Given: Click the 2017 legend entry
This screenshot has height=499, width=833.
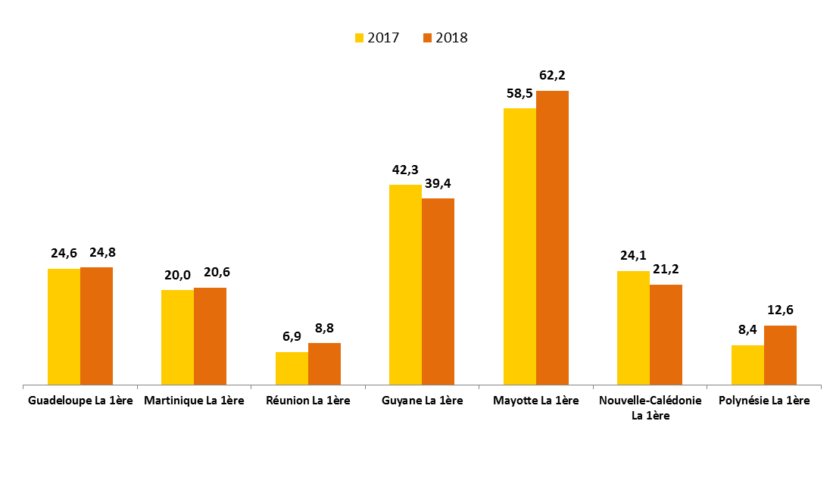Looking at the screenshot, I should click(x=377, y=38).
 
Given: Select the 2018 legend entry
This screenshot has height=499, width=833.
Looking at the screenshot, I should click(x=445, y=38).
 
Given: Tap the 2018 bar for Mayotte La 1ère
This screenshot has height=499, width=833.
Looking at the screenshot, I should click(x=552, y=238).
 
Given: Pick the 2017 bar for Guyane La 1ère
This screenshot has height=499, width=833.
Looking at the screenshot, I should click(x=405, y=285).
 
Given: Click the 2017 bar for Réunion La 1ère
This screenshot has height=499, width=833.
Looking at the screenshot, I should click(x=292, y=369).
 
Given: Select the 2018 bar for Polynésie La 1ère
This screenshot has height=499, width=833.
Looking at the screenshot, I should click(x=780, y=355).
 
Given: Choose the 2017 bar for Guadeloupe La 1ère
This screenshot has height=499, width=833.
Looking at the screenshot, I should click(x=64, y=326).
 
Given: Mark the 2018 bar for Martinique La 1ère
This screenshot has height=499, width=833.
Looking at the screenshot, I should click(x=210, y=336).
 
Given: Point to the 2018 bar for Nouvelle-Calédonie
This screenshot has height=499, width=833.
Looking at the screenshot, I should click(x=666, y=335).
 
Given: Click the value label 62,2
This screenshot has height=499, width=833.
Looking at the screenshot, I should click(x=552, y=75).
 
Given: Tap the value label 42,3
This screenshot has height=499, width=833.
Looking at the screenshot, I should click(x=405, y=170).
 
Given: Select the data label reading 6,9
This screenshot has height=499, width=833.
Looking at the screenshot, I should click(x=292, y=337).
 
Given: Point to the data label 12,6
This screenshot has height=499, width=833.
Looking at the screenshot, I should click(x=780, y=310).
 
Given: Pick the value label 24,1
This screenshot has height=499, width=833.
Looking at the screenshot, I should click(x=633, y=255).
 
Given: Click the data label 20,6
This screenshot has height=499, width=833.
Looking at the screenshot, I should click(x=210, y=273).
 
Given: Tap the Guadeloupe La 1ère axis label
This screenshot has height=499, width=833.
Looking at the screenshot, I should click(x=80, y=401).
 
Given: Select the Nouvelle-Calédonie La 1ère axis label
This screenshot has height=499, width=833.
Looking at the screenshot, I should click(x=650, y=407).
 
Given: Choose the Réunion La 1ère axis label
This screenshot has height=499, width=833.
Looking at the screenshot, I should click(x=308, y=401).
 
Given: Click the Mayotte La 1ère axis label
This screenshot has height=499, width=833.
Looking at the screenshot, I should click(x=535, y=401).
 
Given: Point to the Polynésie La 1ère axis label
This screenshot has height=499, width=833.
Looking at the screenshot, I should click(x=763, y=401).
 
